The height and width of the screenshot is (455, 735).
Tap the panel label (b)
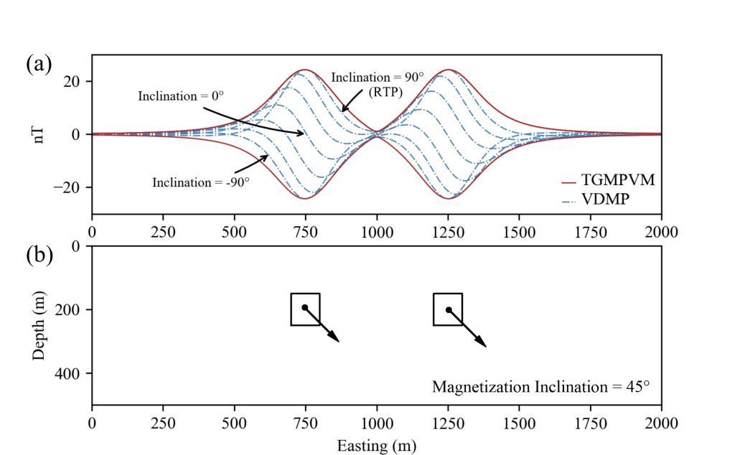point(39,255)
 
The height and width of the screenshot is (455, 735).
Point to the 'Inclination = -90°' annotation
point(201,182)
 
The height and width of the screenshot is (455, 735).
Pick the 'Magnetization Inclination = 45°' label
point(540,387)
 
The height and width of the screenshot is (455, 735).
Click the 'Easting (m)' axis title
point(376,446)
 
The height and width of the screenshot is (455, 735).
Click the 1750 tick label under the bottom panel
point(590,422)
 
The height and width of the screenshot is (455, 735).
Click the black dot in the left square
point(304,307)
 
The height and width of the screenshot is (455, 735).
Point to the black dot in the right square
point(449,310)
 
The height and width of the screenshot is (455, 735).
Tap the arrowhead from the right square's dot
point(482,344)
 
